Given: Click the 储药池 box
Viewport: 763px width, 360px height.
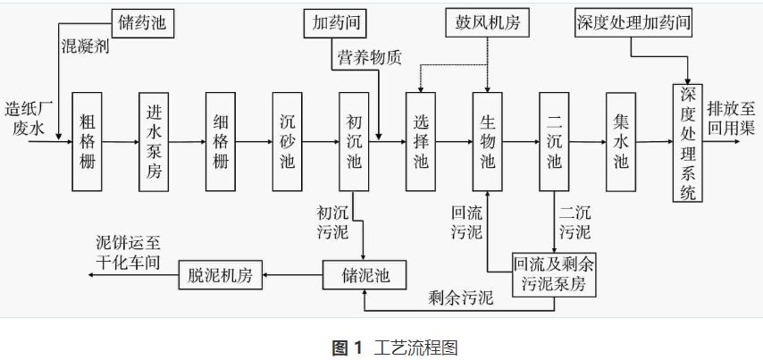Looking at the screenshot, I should coord(144,19).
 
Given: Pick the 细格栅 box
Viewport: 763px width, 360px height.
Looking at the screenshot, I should coord(221,140).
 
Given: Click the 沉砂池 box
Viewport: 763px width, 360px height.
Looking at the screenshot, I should coord(288,140).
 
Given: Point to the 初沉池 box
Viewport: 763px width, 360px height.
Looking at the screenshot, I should coord(355,140).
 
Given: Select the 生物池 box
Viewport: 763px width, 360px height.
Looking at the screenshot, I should coord(488,140).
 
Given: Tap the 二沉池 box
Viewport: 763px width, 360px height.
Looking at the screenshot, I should coord(555,140).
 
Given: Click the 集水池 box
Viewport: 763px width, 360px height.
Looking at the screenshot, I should coord(621,140).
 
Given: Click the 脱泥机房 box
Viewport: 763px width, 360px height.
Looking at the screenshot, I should coord(221,273).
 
